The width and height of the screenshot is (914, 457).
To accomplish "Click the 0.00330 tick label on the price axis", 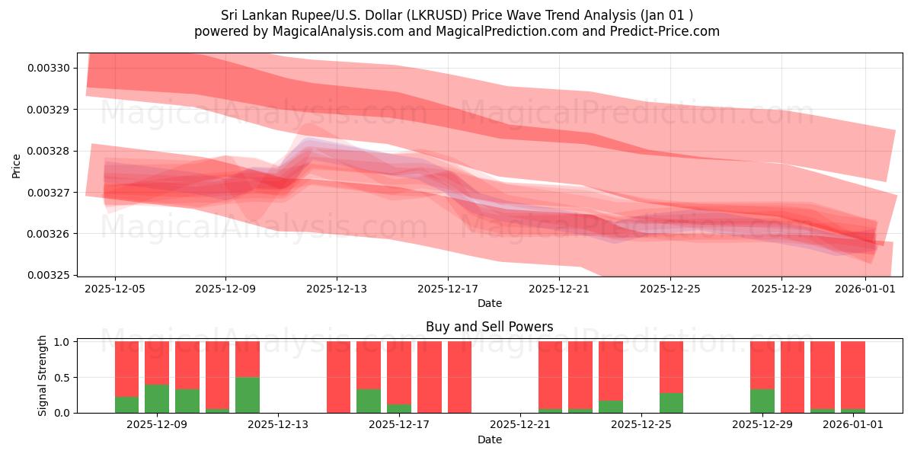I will (x=49, y=69).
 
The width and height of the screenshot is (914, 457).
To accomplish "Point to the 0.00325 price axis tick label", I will (x=49, y=275).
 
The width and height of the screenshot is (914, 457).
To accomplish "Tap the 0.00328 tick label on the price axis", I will (x=49, y=151).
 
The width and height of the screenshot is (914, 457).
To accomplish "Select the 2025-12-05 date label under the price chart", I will (x=115, y=289).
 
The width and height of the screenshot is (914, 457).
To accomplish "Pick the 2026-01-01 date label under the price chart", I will (x=865, y=289).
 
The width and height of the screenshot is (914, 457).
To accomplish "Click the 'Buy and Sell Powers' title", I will (x=489, y=328).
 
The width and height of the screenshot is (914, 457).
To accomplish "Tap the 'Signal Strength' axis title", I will (x=43, y=376).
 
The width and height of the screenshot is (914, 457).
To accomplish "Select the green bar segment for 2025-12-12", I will (x=248, y=395).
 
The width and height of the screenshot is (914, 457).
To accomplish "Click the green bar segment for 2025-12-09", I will (x=157, y=398).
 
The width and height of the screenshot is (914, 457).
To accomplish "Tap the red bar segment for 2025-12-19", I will (x=459, y=377).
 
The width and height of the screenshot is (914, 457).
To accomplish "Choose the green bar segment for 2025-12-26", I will (x=671, y=402).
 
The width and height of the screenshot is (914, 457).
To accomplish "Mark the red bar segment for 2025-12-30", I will (x=792, y=377).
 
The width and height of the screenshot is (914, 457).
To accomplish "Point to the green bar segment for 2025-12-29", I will (x=762, y=401).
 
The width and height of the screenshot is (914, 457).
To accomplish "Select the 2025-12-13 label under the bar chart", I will (x=278, y=425).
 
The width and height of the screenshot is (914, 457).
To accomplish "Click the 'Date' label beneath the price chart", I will (x=489, y=303).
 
